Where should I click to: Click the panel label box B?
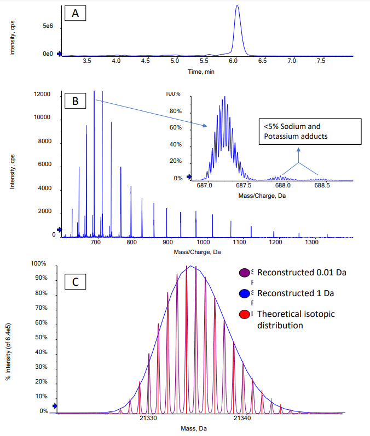point(76,101)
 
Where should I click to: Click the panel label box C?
point(76,282)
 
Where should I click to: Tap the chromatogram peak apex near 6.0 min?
point(237,6)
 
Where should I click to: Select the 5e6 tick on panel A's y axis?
point(48,25)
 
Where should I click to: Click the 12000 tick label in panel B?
point(42,95)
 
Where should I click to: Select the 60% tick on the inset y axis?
point(175,128)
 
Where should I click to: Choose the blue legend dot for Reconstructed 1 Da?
point(245,293)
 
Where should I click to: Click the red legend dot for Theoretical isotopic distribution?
point(245,314)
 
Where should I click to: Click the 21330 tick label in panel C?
point(148,418)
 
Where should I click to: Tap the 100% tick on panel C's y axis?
point(39,264)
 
